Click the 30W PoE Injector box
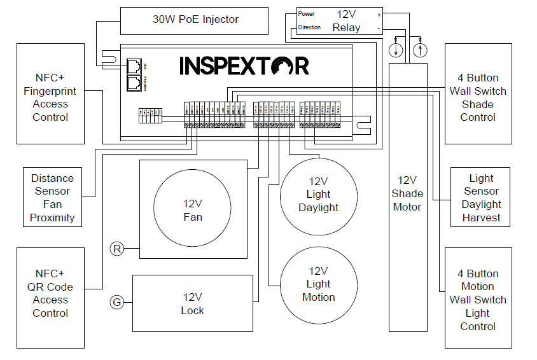[x=195, y=20]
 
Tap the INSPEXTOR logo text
[x=244, y=66]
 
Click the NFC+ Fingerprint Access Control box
[x=50, y=93]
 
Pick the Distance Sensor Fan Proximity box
[x=53, y=197]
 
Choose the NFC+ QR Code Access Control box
[x=50, y=297]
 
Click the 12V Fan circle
[x=193, y=211]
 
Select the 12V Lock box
[x=193, y=303]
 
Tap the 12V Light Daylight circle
[x=318, y=197]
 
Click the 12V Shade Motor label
[x=407, y=193]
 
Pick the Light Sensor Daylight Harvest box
[x=481, y=197]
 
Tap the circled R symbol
[x=116, y=249]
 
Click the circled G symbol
[x=116, y=302]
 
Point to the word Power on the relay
[x=307, y=13]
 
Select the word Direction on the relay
[x=309, y=27]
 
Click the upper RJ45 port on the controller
[x=134, y=66]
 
